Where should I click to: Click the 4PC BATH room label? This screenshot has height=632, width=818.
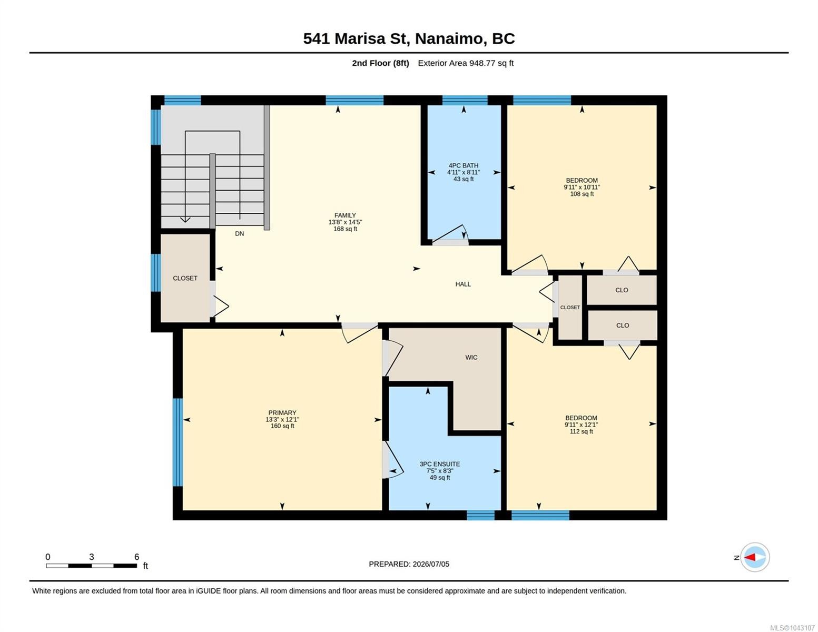tap(463, 165)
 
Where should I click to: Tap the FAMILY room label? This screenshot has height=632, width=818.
tap(345, 215)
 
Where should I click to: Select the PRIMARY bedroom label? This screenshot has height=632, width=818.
tap(282, 412)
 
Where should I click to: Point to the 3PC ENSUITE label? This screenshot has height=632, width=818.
tap(439, 464)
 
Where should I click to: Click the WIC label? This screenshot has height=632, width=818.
tap(471, 357)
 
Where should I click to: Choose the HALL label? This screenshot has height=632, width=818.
tap(462, 284)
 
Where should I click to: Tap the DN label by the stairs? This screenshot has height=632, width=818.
tap(240, 234)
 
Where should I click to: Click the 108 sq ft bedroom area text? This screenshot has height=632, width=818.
tap(582, 194)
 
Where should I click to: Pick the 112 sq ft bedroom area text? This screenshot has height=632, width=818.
tap(581, 431)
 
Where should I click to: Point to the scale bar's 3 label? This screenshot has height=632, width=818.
tap(92, 557)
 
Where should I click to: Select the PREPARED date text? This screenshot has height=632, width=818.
tap(409, 564)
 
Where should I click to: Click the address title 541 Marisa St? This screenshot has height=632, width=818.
tap(356, 38)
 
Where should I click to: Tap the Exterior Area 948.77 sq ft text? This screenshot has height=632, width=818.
tap(465, 63)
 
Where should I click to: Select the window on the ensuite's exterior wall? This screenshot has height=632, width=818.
tap(480, 515)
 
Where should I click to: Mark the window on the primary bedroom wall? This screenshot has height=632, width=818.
tap(178, 442)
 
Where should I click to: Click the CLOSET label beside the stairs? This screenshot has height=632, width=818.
tap(185, 278)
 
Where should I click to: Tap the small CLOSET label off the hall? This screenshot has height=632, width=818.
tap(569, 307)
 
